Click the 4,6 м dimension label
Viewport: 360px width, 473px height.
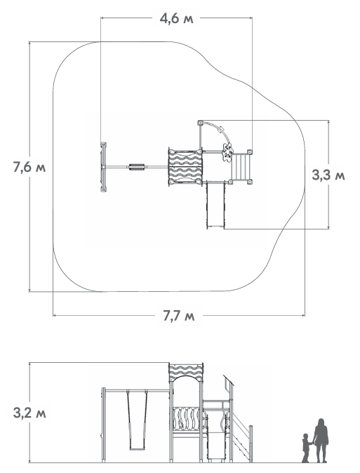point(176,19)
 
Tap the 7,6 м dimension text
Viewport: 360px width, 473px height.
point(29,167)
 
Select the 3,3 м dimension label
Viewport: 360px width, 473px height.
point(328,175)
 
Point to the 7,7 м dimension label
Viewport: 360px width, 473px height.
point(179,316)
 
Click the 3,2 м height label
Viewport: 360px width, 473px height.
point(29,413)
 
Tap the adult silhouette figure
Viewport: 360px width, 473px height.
point(321,441)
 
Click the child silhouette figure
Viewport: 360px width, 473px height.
point(306,448)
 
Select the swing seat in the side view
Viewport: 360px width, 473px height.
point(137,449)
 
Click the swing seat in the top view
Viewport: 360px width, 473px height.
point(137,167)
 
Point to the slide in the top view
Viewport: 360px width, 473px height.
point(215,206)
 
